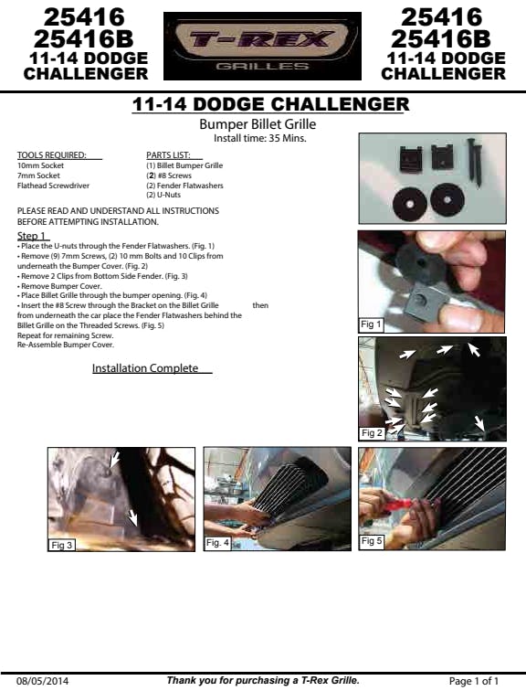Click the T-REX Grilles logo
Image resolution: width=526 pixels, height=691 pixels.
pyautogui.click(x=262, y=46)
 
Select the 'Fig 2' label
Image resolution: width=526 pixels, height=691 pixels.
pyautogui.click(x=372, y=432)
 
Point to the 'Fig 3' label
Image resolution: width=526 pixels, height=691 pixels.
pyautogui.click(x=61, y=545)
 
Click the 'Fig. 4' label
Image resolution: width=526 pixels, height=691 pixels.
pyautogui.click(x=217, y=543)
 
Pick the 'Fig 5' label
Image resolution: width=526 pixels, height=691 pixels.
pyautogui.click(x=372, y=541)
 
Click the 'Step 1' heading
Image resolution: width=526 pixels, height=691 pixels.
pyautogui.click(x=31, y=236)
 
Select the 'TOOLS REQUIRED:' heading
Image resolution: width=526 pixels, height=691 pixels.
pyautogui.click(x=51, y=155)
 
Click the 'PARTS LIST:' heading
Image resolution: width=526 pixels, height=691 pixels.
pyautogui.click(x=168, y=155)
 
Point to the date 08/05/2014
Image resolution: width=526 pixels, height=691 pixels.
pyautogui.click(x=42, y=681)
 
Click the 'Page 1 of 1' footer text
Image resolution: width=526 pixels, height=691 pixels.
pyautogui.click(x=474, y=681)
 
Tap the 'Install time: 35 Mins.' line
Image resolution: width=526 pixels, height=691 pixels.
pyautogui.click(x=259, y=138)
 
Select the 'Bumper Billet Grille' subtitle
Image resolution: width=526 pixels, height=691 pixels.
pyautogui.click(x=258, y=123)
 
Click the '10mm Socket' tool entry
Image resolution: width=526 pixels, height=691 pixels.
pyautogui.click(x=40, y=165)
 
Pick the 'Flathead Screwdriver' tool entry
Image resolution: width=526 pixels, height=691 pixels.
pyautogui.click(x=53, y=186)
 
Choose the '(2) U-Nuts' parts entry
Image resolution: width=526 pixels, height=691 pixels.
pyautogui.click(x=163, y=195)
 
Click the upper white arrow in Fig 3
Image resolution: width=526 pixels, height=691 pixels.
pyautogui.click(x=113, y=459)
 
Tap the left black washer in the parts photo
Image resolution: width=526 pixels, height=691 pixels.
pyautogui.click(x=409, y=204)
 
